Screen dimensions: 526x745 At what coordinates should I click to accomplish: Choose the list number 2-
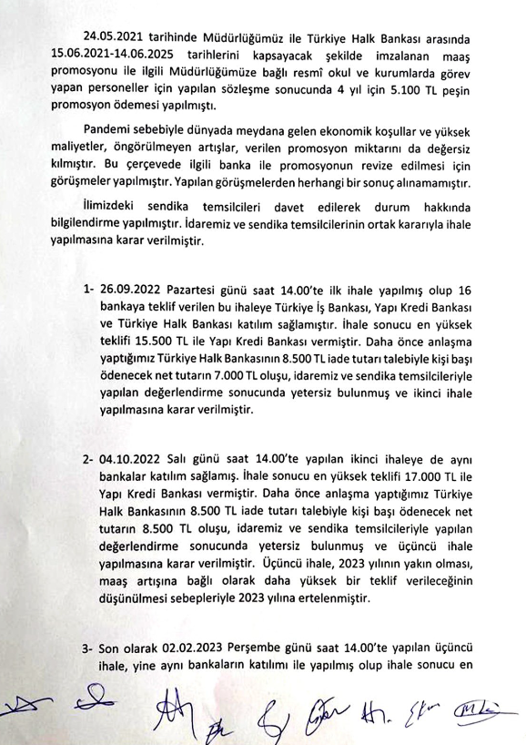pyautogui.click(x=89, y=463)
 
